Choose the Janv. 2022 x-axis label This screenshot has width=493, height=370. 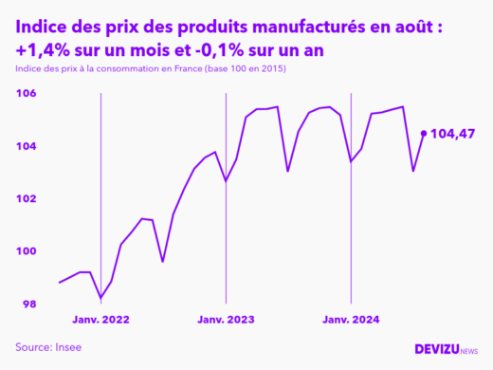point(100,320)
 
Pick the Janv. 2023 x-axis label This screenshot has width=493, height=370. point(226,320)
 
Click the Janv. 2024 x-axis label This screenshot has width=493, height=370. point(351,320)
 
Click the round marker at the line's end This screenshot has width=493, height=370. point(423,133)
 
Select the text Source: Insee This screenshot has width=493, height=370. point(48,347)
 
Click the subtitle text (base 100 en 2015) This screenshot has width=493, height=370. point(243,70)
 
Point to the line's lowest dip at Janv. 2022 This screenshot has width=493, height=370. point(100,298)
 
